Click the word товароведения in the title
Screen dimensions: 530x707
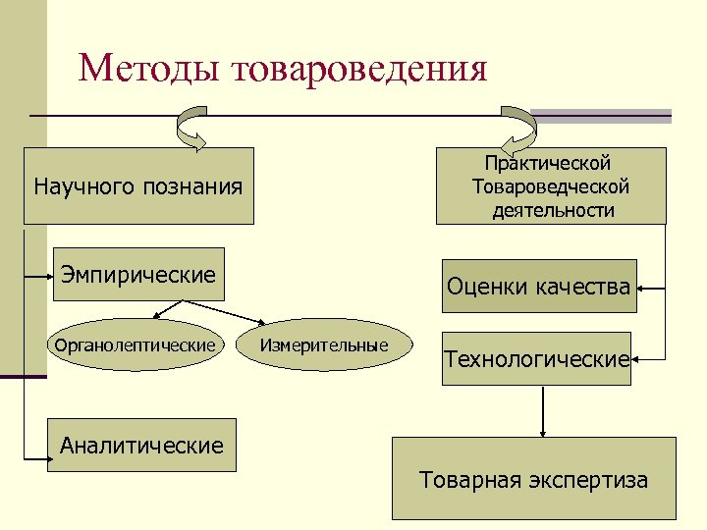pos(360,70)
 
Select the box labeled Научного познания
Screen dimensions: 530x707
pos(138,185)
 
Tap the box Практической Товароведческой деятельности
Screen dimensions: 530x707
pos(550,185)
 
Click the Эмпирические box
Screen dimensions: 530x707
pos(137,274)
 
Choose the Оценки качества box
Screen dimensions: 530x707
pos(538,287)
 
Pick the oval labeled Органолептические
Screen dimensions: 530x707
pos(135,344)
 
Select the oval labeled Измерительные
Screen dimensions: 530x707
pos(324,344)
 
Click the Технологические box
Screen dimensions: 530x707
pos(536,359)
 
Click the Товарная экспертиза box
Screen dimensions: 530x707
pos(534,480)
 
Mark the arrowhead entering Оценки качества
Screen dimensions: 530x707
pos(643,289)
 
